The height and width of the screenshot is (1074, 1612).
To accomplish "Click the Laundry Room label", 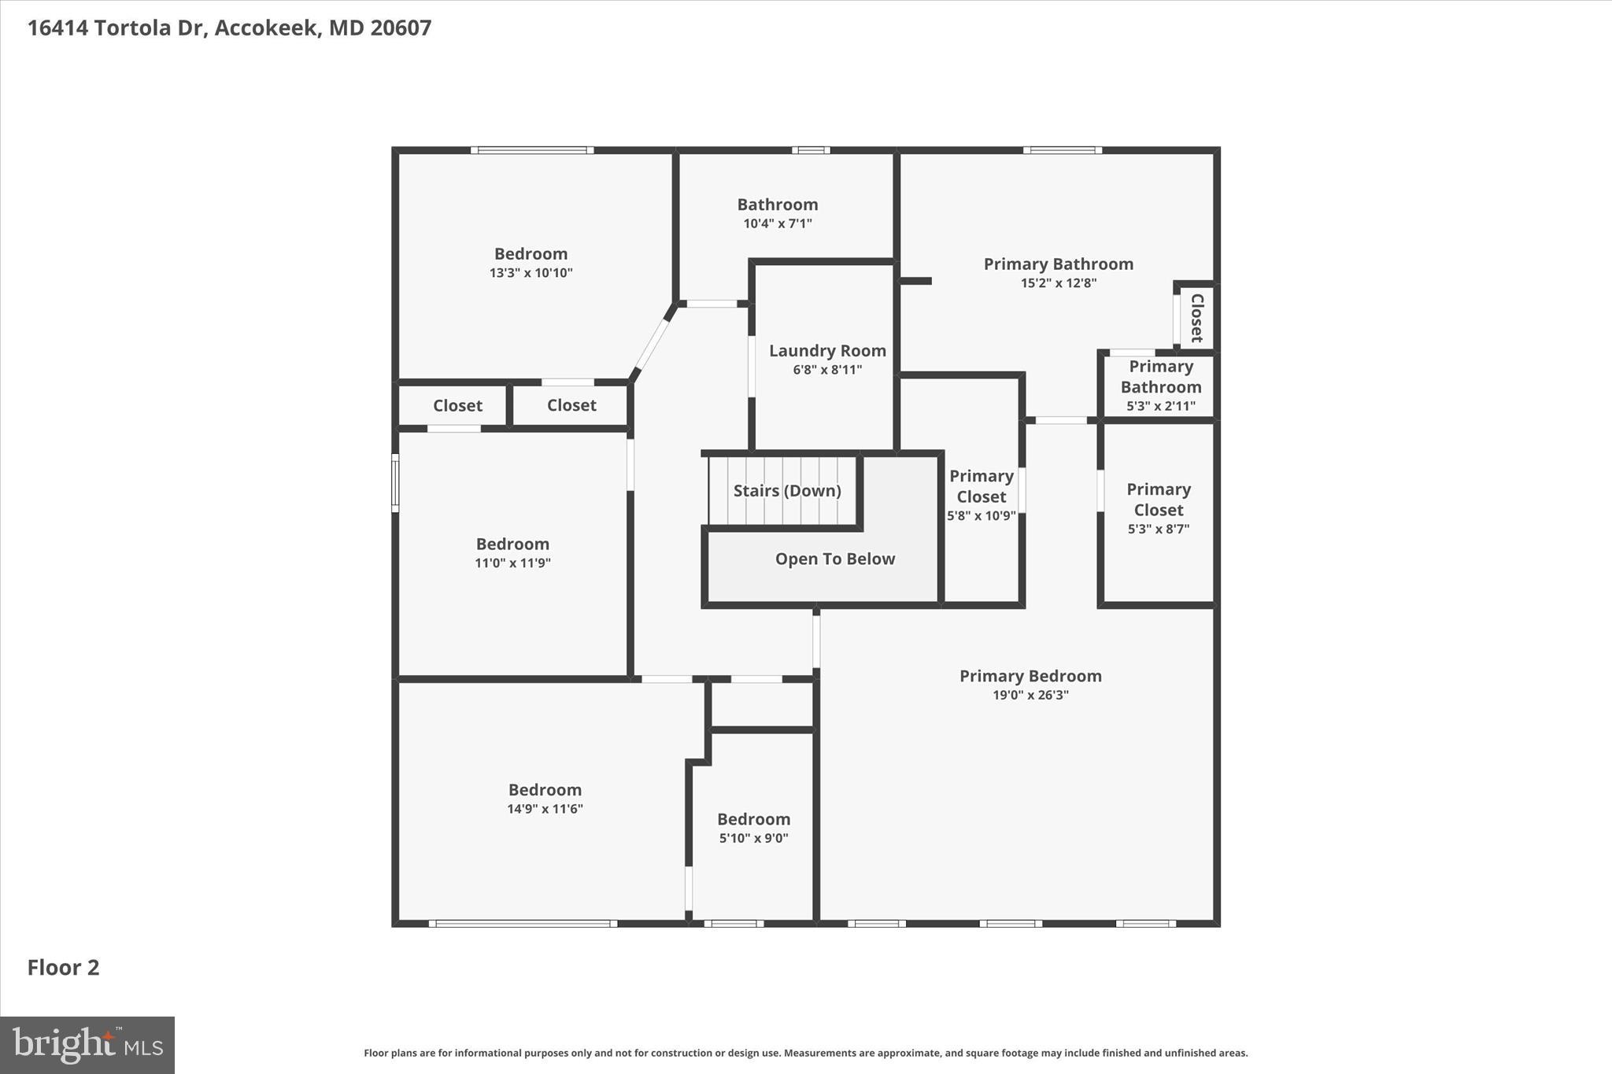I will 827,351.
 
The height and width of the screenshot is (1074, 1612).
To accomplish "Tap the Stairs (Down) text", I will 787,491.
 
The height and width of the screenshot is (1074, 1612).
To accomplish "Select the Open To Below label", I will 835,559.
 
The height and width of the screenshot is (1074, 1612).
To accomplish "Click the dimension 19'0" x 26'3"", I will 1030,696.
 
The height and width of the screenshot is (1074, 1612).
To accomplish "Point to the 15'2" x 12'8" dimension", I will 1059,283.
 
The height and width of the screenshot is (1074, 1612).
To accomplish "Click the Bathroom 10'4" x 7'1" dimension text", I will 778,223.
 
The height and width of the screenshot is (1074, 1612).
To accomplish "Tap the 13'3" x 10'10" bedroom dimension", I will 531,273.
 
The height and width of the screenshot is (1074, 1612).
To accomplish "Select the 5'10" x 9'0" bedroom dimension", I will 753,839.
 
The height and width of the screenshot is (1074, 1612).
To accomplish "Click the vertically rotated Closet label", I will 1197,318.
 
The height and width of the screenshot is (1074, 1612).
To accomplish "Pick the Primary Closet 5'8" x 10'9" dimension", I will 981,516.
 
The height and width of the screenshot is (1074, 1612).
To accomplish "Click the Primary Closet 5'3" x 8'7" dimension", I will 1158,530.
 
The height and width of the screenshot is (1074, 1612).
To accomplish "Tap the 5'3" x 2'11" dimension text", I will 1160,407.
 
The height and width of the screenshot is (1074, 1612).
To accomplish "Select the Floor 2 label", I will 64,968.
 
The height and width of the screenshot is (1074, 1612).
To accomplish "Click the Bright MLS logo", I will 87,1045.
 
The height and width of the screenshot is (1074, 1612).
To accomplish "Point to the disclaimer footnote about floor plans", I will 805,1053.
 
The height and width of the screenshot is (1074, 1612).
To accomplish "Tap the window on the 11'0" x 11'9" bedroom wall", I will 395,482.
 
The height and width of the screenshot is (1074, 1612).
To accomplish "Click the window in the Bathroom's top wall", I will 811,150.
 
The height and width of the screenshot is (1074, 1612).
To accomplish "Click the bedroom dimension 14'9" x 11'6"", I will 545,809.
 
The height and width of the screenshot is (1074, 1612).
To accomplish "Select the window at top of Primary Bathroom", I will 1063,150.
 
